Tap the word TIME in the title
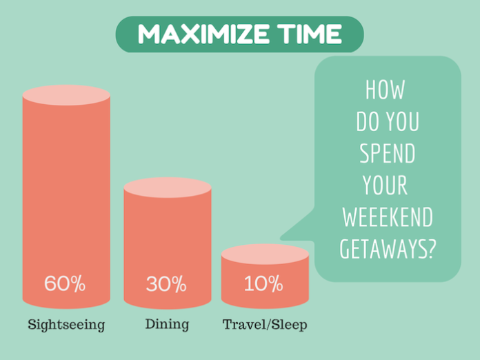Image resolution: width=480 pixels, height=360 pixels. (x=309, y=34)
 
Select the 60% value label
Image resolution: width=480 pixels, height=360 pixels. (x=65, y=283)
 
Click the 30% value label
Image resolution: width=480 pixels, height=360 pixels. (x=166, y=283)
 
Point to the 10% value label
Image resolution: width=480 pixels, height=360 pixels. (x=263, y=283)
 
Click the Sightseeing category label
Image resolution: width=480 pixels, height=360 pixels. (x=66, y=324)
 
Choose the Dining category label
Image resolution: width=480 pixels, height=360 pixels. (x=166, y=323)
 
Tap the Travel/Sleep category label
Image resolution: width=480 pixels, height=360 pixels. (x=266, y=324)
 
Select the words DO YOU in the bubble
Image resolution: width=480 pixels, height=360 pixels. (x=387, y=122)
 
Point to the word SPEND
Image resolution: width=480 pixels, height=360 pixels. (x=387, y=154)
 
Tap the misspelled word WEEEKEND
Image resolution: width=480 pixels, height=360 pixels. (x=387, y=217)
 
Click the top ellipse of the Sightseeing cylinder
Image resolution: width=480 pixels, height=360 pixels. (x=66, y=95)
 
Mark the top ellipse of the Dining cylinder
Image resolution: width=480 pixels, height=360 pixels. (x=167, y=188)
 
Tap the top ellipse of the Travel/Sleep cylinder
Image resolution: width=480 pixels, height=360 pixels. (x=265, y=254)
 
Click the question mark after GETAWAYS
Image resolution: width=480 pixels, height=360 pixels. (x=431, y=248)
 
